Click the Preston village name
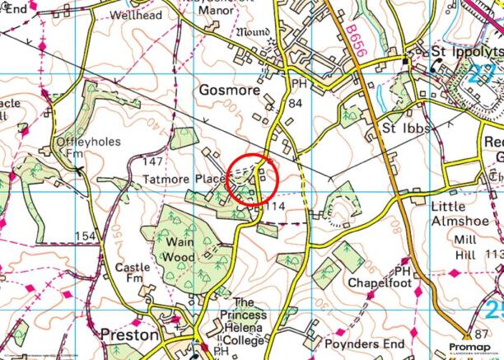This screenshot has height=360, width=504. (128, 336)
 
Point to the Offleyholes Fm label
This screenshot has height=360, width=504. (88, 148)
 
